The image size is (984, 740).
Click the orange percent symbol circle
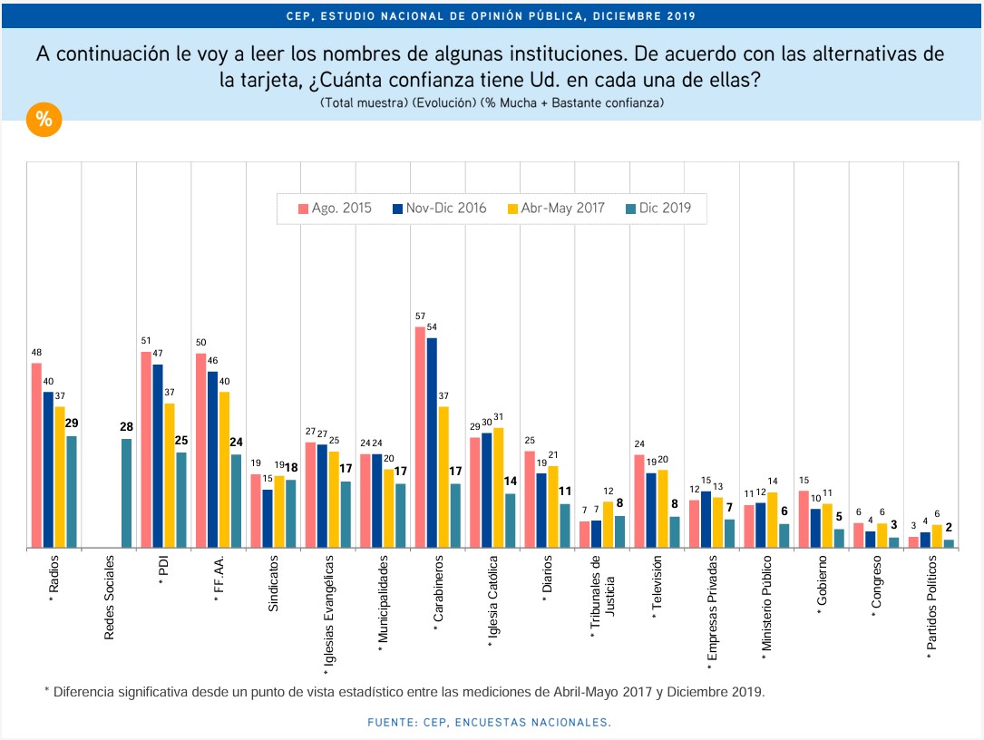43,120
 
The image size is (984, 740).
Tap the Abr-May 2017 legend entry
561,208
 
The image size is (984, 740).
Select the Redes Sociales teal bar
126,493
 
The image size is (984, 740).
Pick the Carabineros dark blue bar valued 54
432,443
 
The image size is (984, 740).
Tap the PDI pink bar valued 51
146,450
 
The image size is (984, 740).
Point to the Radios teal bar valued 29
72,492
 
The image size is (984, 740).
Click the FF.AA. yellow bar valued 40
224,470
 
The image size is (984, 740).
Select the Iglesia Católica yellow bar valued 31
498,488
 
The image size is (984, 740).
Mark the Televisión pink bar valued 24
638,501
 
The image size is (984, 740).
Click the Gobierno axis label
821,587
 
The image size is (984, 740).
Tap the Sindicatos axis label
273,586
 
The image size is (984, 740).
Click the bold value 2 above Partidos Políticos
948,527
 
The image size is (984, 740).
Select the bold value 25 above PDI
181,440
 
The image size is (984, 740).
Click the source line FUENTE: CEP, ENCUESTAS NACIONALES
489,722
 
